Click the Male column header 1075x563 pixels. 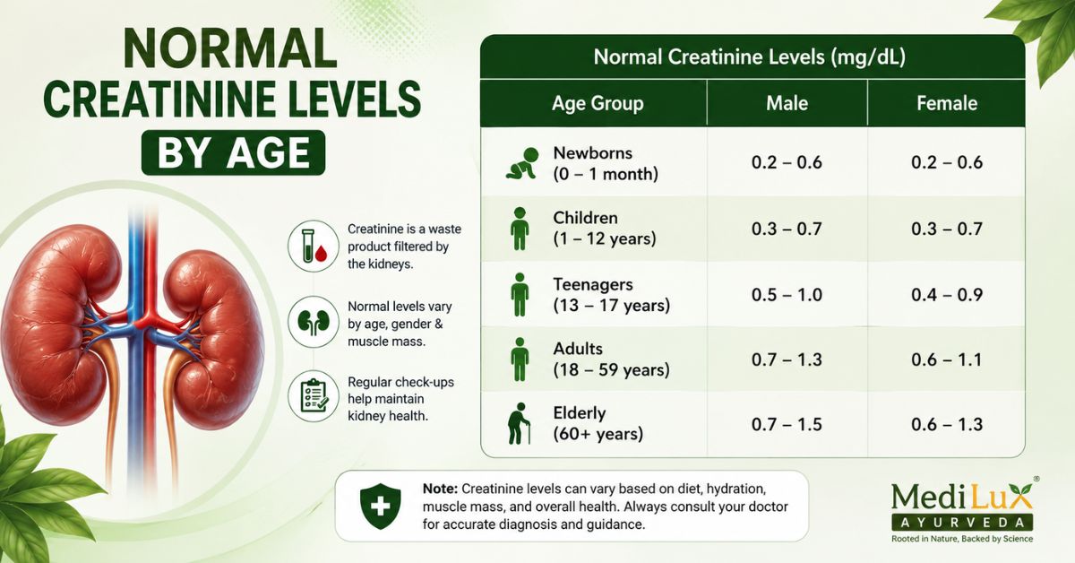[787, 103]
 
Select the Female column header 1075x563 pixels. [947, 103]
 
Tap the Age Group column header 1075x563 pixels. [598, 104]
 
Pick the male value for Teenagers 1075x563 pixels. [787, 294]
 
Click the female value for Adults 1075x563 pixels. [947, 359]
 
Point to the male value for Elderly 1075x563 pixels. [787, 425]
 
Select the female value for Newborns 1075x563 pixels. [947, 162]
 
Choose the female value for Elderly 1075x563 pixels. [947, 425]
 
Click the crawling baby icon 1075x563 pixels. [522, 163]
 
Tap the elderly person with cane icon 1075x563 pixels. [519, 423]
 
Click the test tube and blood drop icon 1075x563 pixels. [314, 246]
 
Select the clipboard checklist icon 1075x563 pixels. [314, 396]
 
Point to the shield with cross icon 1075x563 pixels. [381, 506]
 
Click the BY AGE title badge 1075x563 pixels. [233, 152]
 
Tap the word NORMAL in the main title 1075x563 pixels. [230, 49]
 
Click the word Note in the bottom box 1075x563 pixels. [440, 489]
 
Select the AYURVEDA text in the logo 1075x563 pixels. [962, 522]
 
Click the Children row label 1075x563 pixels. [604, 229]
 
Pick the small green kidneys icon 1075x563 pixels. [314, 321]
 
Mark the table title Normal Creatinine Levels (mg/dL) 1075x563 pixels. [749, 57]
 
